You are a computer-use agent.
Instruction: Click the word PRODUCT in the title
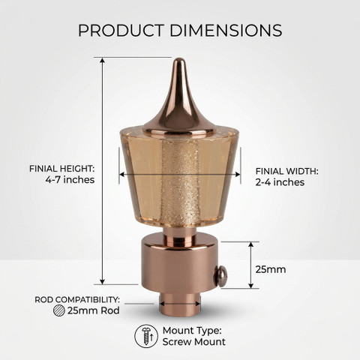(121, 31)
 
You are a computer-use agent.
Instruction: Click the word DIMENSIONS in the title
(226, 31)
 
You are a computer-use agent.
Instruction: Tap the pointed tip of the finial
(178, 59)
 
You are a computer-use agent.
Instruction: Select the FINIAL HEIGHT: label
(61, 169)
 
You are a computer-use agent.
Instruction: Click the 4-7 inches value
(70, 180)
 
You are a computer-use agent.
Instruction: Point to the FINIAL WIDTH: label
(286, 171)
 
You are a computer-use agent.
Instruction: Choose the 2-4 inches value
(280, 182)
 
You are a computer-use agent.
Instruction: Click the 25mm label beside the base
(271, 269)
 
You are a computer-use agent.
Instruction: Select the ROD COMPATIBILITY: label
(77, 299)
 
